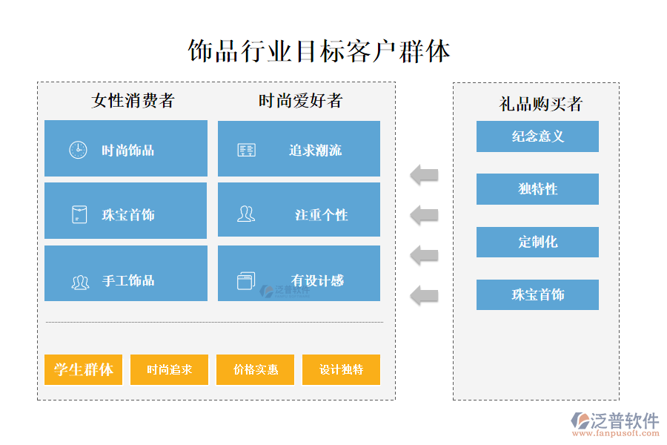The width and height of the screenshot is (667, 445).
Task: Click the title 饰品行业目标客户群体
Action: point(319,51)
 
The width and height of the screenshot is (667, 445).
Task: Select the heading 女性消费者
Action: point(133,100)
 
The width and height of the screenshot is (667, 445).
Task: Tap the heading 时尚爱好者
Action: point(300,100)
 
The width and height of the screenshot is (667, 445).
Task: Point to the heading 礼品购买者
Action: point(540,104)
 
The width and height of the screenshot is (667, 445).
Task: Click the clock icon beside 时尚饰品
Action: point(78,150)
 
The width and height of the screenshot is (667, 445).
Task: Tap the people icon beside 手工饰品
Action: point(80,282)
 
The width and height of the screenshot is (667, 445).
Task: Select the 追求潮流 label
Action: point(315,151)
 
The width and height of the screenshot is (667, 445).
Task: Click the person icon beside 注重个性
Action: point(245,214)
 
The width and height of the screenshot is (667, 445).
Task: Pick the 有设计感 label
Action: point(317,280)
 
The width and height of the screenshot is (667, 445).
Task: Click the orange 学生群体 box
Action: point(84,369)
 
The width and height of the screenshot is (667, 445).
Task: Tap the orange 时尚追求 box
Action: point(170,369)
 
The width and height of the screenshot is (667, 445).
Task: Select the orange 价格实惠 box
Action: point(255,369)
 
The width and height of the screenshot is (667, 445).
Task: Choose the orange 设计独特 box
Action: point(341,369)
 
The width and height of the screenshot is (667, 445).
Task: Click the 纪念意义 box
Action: point(537,136)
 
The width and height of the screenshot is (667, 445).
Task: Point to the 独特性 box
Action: point(537,189)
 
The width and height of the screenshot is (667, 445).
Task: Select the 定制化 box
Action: point(537,242)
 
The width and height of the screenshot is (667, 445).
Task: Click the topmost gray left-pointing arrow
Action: point(425,176)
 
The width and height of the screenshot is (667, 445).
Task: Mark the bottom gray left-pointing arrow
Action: point(425,294)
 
